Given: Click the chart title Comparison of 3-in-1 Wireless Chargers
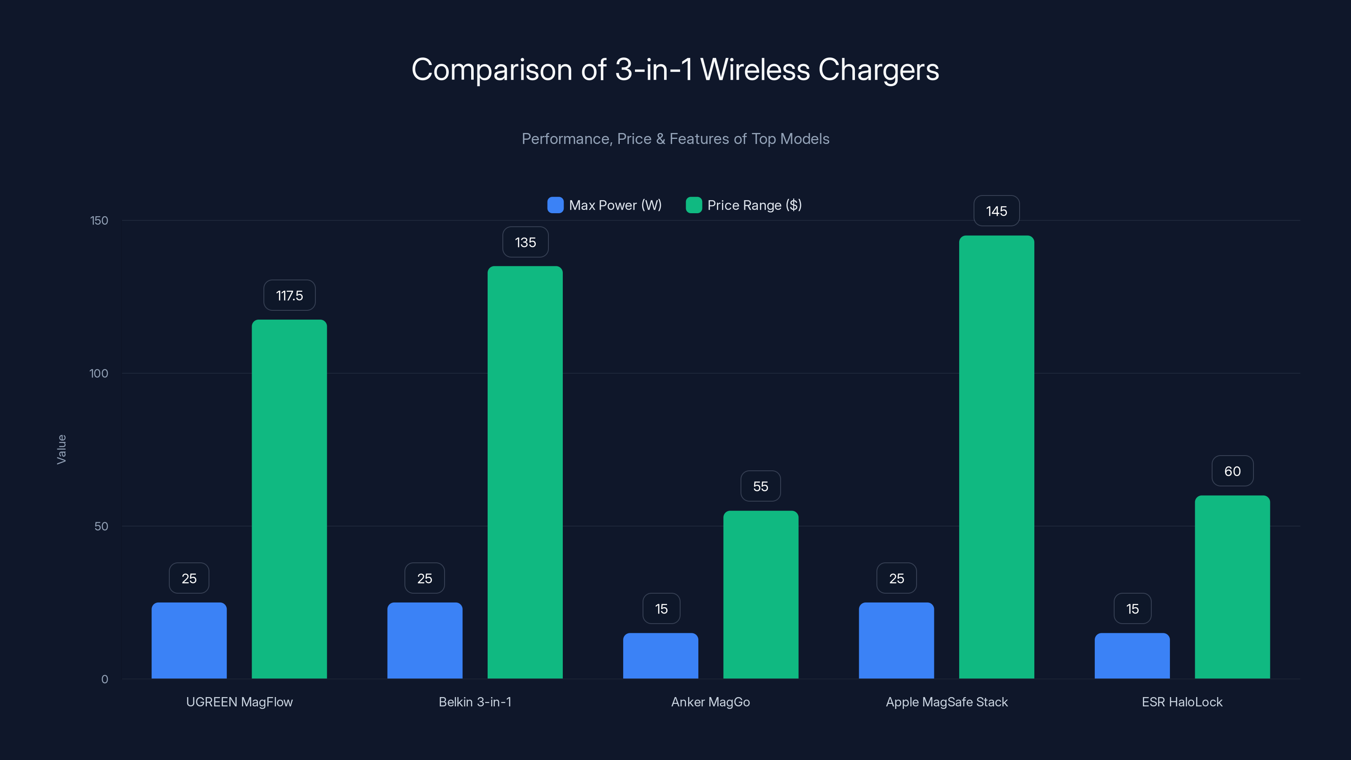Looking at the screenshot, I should pyautogui.click(x=675, y=70).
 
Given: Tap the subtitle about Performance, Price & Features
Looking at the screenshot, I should pyautogui.click(x=675, y=139).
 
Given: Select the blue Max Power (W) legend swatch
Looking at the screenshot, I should pyautogui.click(x=555, y=205).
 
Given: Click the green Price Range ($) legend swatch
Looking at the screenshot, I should pyautogui.click(x=693, y=205).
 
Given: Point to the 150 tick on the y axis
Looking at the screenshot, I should pyautogui.click(x=99, y=221).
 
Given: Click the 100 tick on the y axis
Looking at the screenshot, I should pyautogui.click(x=99, y=373).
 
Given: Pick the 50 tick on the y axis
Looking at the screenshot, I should pyautogui.click(x=101, y=527).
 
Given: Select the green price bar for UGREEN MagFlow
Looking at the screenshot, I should pyautogui.click(x=289, y=498).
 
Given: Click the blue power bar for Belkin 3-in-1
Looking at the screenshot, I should pyautogui.click(x=425, y=641).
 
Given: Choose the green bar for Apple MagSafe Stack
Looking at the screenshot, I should pyautogui.click(x=996, y=456).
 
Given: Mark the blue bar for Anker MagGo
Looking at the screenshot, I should pyautogui.click(x=660, y=656).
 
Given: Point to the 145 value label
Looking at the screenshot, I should pyautogui.click(x=996, y=212).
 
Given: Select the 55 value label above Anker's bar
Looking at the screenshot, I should pyautogui.click(x=760, y=486).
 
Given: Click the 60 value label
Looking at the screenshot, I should pyautogui.click(x=1232, y=471).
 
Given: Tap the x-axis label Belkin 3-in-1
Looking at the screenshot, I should pyautogui.click(x=475, y=702).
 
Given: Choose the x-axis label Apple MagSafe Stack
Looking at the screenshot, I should pyautogui.click(x=947, y=702).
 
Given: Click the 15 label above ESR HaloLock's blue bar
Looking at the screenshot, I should pyautogui.click(x=1132, y=609).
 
